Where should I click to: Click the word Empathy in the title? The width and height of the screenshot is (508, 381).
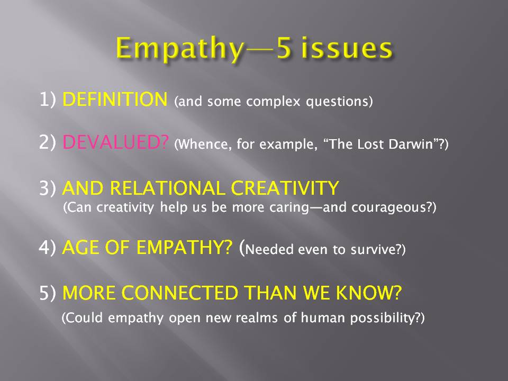180,49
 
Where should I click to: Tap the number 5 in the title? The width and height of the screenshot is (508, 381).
284,48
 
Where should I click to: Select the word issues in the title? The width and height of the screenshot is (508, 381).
347,48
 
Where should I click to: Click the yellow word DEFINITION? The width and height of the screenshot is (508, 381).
115,99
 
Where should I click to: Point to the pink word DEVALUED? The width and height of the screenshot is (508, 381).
116,142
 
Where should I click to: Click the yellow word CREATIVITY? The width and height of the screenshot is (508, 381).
285,188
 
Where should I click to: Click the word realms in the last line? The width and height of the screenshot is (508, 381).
257,317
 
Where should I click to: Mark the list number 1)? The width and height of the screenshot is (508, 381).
48,99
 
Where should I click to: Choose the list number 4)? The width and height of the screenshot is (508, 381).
47,248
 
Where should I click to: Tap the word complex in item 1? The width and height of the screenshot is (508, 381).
273,102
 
